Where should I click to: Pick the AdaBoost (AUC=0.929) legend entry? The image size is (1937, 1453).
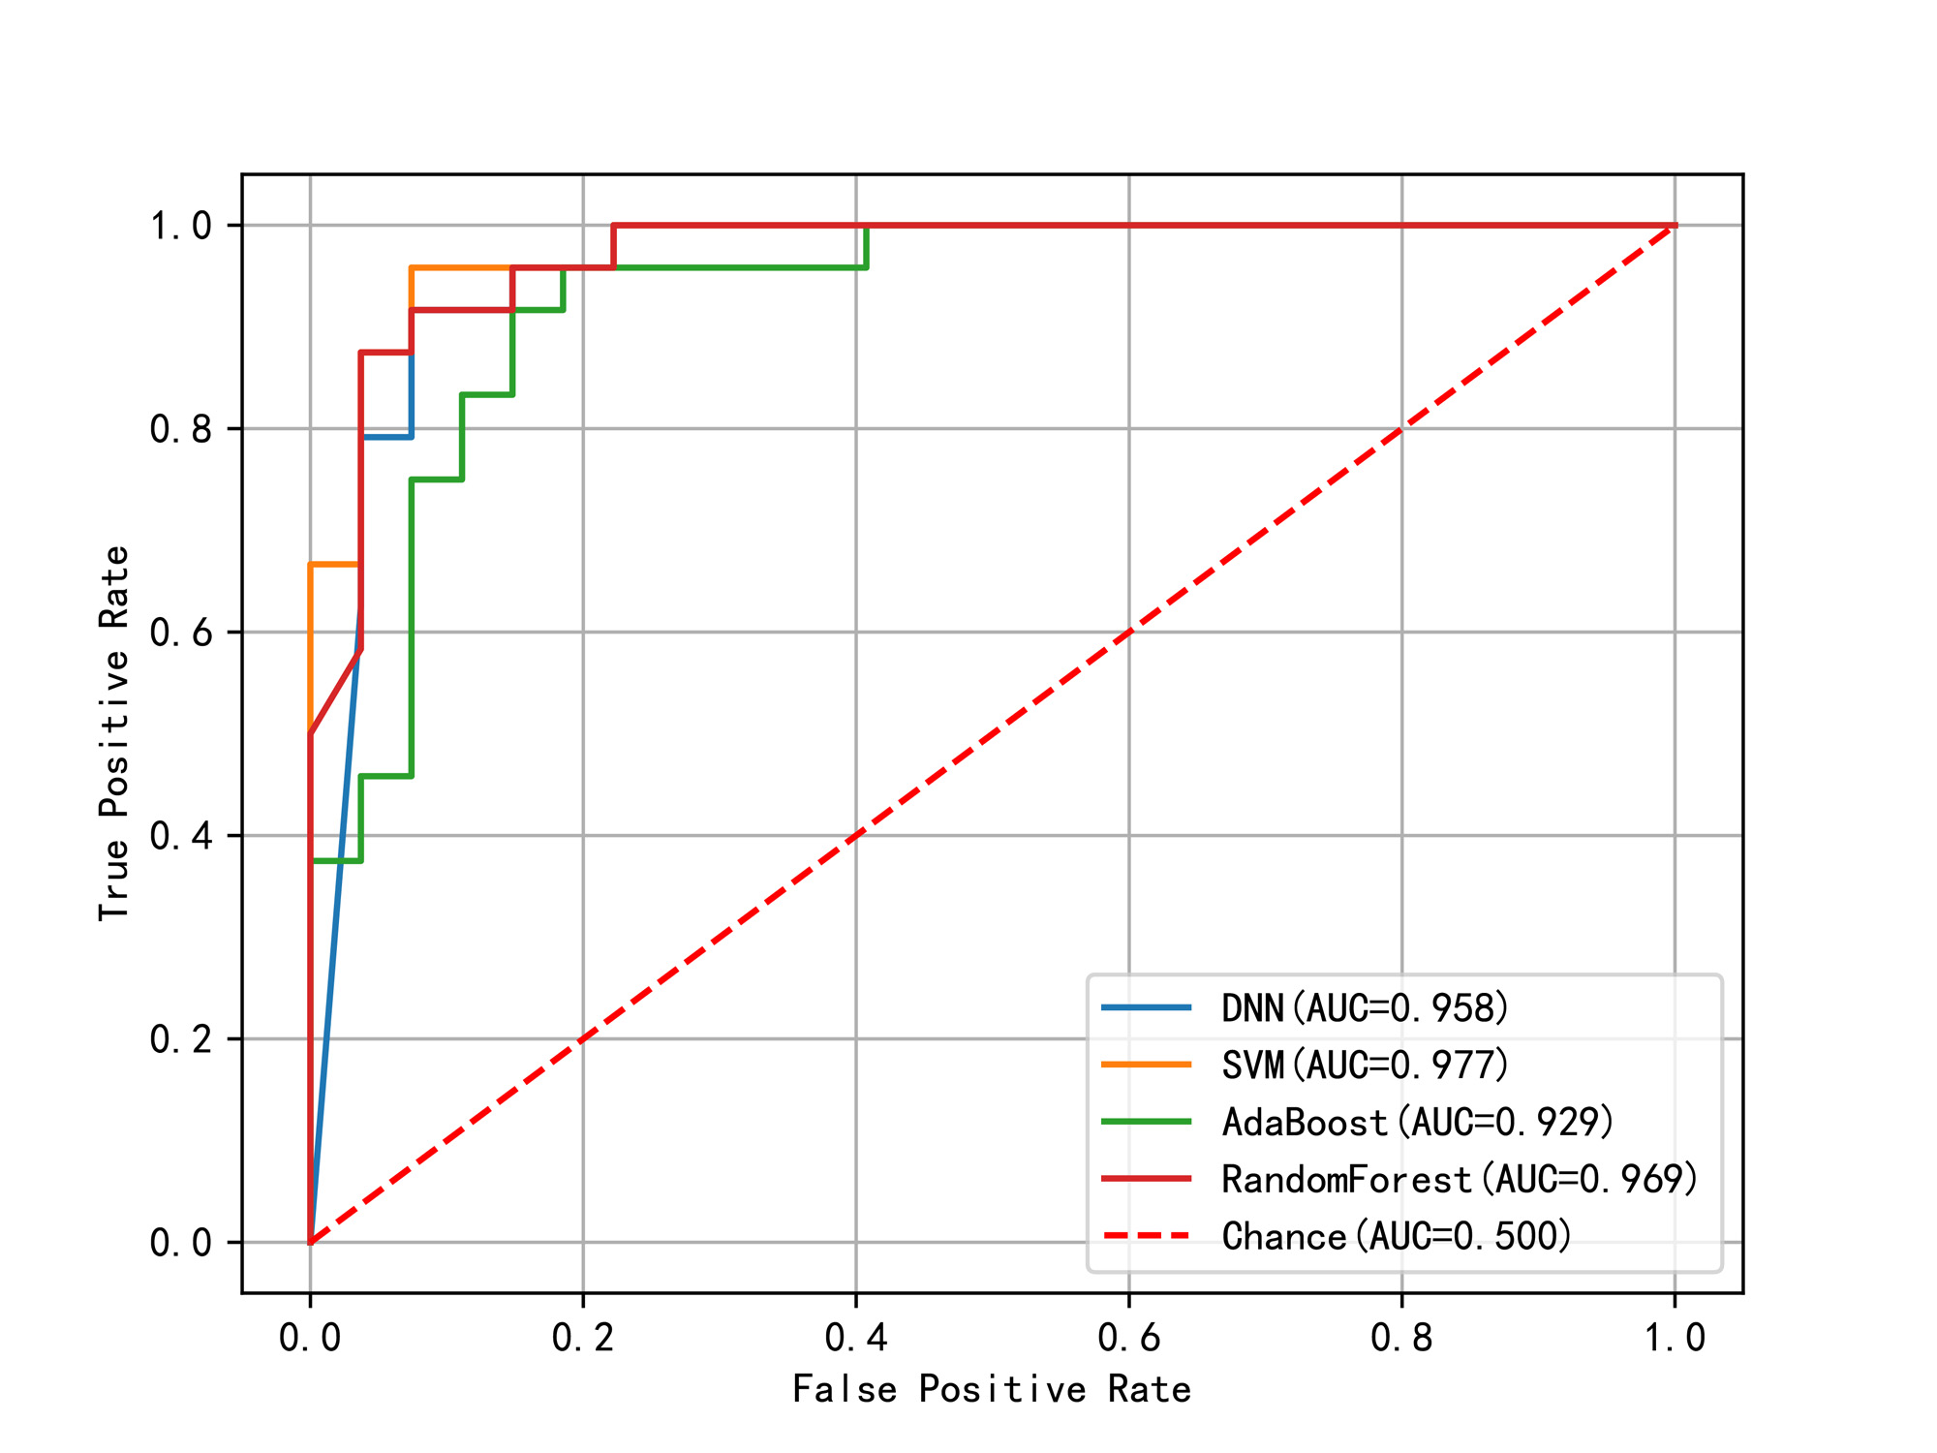point(1418,1122)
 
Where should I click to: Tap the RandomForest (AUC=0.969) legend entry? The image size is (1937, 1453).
point(1460,1179)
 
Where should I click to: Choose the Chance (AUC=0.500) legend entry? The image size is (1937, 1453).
point(1397,1236)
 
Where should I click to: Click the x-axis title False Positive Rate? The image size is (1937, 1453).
point(992,1389)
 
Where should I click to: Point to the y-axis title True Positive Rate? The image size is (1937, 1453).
point(114,733)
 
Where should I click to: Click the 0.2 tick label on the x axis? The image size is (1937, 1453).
point(583,1338)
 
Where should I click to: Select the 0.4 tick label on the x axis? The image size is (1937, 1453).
point(856,1338)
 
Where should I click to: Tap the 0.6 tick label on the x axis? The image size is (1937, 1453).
point(1129,1338)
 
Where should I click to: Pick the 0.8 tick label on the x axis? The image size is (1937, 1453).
point(1402,1338)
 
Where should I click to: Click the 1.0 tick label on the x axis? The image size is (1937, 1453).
point(1676,1338)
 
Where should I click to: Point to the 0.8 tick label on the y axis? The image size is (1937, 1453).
point(181,429)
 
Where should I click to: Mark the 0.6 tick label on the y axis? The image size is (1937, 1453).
point(181,633)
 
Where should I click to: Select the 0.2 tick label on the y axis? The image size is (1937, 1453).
point(181,1039)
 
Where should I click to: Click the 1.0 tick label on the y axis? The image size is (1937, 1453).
point(181,226)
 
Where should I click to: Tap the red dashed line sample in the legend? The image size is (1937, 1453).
point(1147,1236)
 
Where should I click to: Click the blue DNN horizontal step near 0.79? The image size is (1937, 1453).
point(386,437)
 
